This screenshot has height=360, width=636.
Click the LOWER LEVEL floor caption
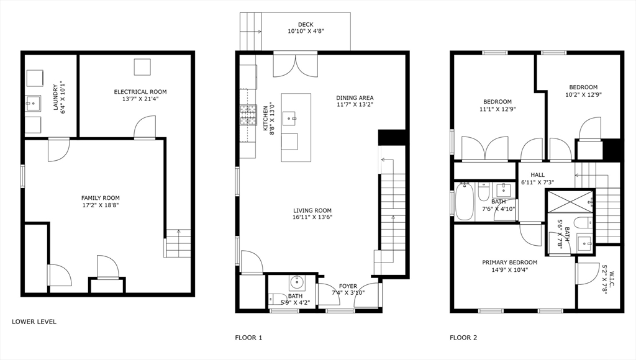pos(34,322)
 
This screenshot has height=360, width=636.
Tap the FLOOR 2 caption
pos(463,338)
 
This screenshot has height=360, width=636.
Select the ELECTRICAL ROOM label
pos(140,92)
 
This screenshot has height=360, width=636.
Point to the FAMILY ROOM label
pos(100,198)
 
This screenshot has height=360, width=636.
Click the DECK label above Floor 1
pos(306,24)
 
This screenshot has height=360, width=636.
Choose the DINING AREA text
pos(355,97)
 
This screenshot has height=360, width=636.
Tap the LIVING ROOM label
pos(312,210)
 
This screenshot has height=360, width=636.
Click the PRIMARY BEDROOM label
pos(509,262)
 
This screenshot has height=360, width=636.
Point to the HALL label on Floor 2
pos(537,175)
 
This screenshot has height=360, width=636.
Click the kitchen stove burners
pos(248,115)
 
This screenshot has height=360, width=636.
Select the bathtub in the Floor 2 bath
pos(464,202)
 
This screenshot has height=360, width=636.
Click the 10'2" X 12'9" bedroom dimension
pos(583,95)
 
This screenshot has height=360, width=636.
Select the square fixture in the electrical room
pos(142,67)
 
